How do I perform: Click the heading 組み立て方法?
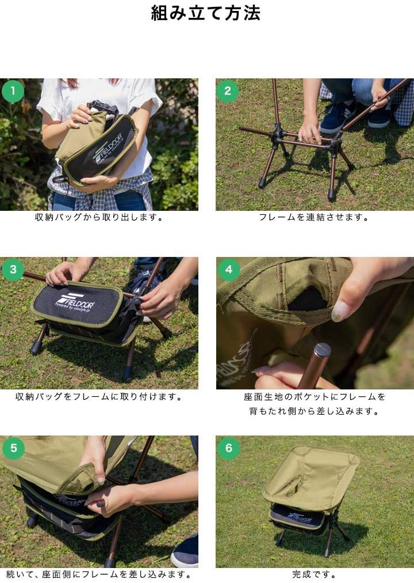tap(206, 13)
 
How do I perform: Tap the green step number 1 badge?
tap(13, 91)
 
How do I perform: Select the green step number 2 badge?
tap(228, 91)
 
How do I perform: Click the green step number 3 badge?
tap(13, 270)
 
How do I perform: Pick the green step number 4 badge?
tap(228, 270)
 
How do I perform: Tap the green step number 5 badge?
tap(13, 448)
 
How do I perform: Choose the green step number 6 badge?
tap(228, 448)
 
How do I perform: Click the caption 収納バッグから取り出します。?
tap(99, 218)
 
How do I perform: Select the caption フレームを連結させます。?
tap(314, 218)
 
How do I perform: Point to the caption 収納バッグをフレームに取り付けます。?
tap(99, 397)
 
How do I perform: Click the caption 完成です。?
tap(314, 575)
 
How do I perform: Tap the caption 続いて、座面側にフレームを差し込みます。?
tap(99, 575)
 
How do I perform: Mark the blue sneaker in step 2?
tap(337, 118)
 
